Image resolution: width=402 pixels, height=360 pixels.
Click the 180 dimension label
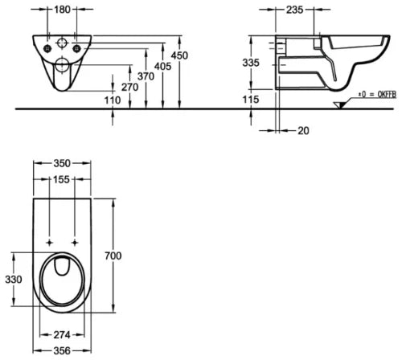coord(62,10)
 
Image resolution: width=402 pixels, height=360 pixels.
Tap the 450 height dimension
coord(179,55)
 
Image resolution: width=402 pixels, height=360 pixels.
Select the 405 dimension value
coord(162,66)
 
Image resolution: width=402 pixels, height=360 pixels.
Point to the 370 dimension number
coord(146,76)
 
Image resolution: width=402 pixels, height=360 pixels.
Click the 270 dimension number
coord(130,88)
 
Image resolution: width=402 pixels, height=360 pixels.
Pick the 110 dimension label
coord(113,100)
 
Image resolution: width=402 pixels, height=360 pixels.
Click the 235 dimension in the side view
coord(295,10)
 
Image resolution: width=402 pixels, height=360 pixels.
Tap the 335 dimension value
coord(251,63)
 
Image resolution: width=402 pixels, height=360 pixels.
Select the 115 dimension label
coord(251,100)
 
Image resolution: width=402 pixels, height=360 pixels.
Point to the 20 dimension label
coord(303,131)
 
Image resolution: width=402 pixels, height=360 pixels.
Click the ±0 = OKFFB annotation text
coord(377,95)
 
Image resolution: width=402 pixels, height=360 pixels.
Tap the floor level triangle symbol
coord(339,105)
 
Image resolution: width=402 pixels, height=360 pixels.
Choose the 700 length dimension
coord(113,256)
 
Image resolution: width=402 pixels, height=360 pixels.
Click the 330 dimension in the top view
coord(14,280)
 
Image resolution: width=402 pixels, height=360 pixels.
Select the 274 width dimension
coord(62,335)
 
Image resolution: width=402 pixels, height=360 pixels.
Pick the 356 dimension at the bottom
coord(62,351)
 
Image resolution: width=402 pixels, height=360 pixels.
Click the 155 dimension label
coord(61,180)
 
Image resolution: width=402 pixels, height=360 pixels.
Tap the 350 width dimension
coord(62,164)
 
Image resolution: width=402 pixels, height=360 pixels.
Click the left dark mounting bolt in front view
coord(47,48)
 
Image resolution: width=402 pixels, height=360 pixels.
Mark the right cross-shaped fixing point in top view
coord(75,243)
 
